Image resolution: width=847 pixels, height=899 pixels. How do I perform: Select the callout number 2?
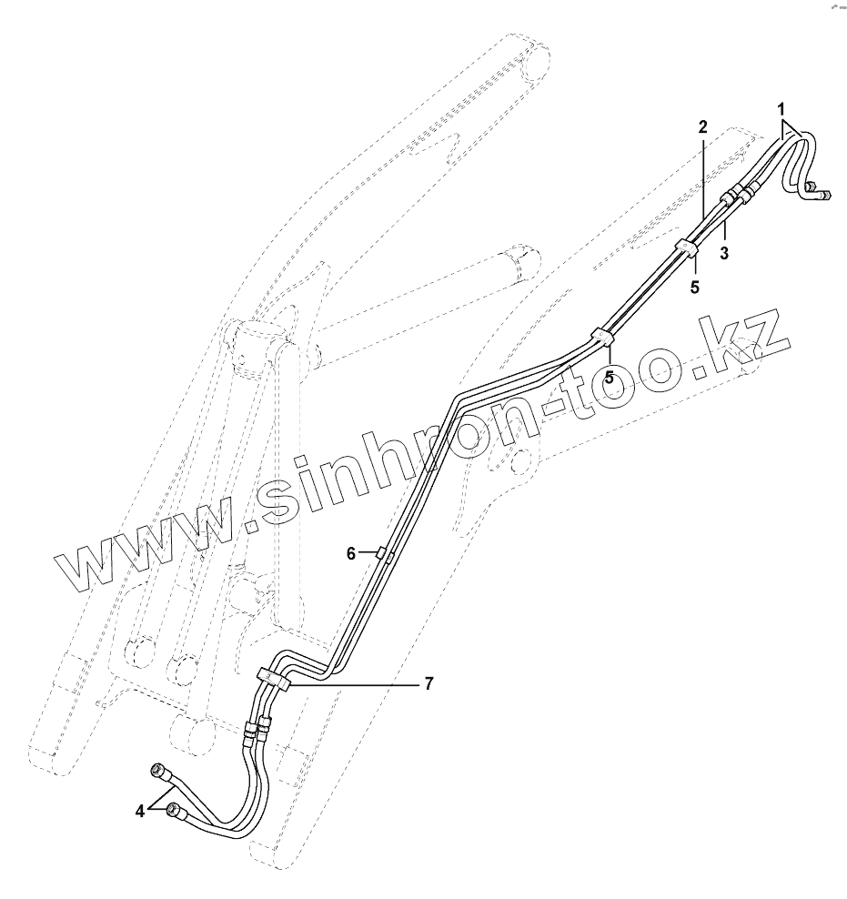point(702,126)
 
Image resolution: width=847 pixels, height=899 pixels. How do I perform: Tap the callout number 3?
point(724,253)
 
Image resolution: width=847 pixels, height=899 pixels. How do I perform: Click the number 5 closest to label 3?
point(695,287)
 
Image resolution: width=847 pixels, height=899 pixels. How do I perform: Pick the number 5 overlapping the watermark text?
point(610,376)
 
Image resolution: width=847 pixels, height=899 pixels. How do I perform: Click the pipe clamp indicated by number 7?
point(274,678)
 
